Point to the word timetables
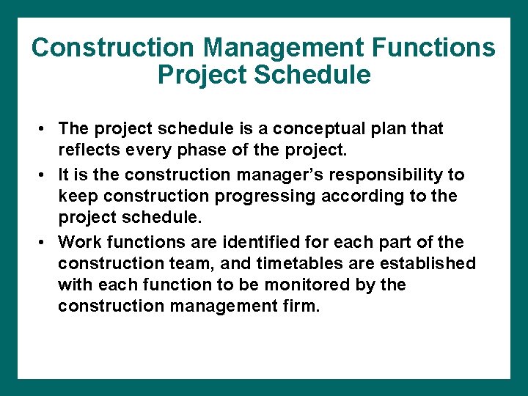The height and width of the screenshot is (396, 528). click(267, 263)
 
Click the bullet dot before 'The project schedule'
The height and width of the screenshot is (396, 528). click(45, 130)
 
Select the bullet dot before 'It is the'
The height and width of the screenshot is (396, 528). click(45, 175)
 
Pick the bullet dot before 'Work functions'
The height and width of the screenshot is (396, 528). click(45, 242)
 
